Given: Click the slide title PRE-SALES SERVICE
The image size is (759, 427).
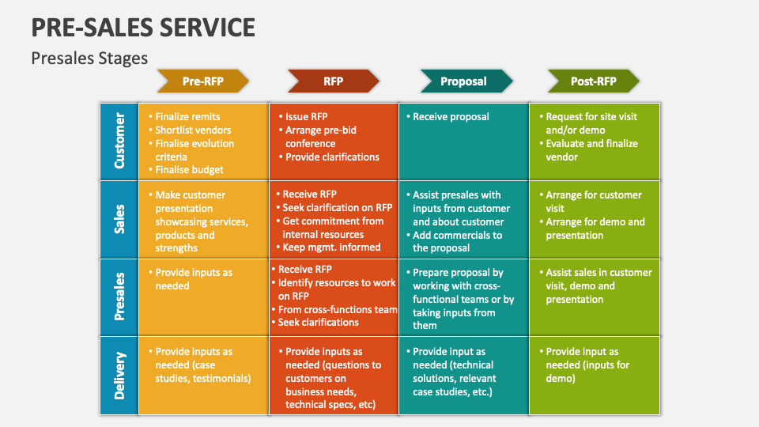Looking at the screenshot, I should click(143, 28).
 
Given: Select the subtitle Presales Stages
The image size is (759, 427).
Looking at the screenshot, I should click(89, 58).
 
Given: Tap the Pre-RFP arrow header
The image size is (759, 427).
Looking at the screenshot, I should click(202, 81).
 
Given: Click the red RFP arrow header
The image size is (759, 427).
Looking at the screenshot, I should click(333, 81).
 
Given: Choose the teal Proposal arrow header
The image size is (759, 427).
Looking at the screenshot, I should click(463, 81).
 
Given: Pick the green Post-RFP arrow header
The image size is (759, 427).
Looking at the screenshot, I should click(593, 81).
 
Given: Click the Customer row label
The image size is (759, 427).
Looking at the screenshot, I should click(119, 141).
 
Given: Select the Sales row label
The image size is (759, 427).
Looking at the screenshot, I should click(119, 219).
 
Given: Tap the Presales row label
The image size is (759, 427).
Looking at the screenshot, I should click(119, 297).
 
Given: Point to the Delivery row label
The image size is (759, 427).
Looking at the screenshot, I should click(119, 376).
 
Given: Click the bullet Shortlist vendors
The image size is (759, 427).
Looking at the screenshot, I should click(193, 130).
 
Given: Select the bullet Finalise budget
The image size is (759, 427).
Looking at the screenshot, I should click(189, 169).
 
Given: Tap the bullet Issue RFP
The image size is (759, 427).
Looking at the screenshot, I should click(306, 116).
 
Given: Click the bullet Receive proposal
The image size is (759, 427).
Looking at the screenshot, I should click(451, 116).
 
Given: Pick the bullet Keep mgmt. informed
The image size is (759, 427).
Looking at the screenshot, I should click(331, 247).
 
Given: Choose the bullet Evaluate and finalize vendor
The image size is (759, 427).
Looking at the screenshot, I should click(591, 150).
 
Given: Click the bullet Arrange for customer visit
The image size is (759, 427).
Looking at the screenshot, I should click(593, 202).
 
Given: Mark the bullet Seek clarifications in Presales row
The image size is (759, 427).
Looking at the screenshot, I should click(318, 322).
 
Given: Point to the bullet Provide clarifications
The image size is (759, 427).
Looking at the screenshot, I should click(332, 157).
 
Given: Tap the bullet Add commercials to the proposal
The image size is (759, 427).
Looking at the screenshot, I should click(457, 241).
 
